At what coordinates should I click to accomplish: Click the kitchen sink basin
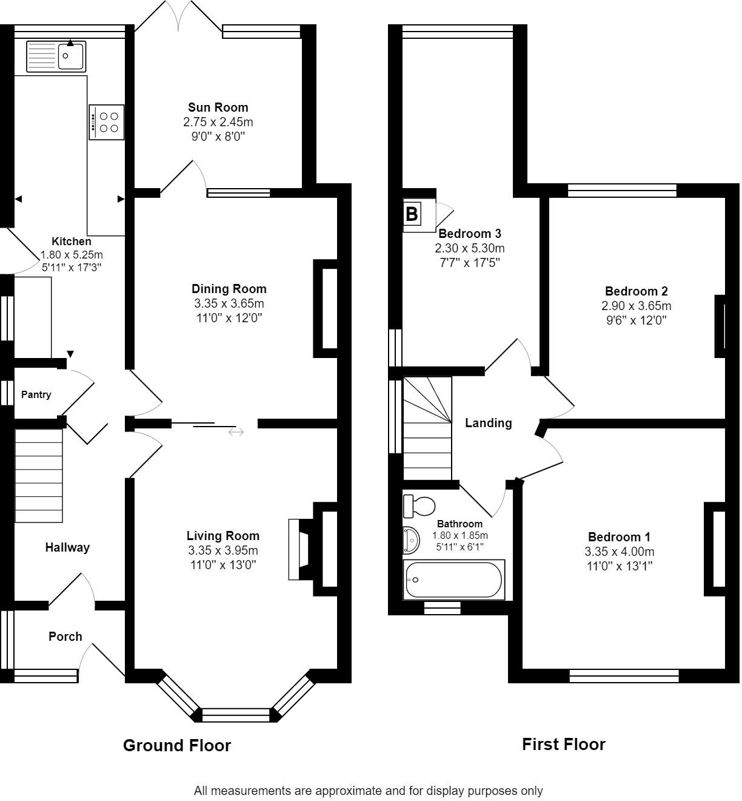(71, 56)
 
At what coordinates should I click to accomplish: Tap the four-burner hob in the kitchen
(107, 122)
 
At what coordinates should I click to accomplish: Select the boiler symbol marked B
(412, 214)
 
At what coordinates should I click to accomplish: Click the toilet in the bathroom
(419, 505)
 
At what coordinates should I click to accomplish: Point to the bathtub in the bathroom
(454, 580)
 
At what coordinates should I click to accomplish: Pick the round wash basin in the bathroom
(411, 540)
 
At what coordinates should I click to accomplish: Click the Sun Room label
(218, 107)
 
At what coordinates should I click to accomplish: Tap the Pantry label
(36, 394)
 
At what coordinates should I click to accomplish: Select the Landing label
(489, 423)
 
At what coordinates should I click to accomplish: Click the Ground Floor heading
(177, 745)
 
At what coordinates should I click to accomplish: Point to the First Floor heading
(563, 744)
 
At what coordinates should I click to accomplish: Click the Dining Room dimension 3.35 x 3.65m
(229, 303)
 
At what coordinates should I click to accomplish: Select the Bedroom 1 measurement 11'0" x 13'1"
(620, 566)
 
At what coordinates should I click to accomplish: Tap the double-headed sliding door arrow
(236, 433)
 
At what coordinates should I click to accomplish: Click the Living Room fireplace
(301, 549)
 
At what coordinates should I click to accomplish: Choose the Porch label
(65, 637)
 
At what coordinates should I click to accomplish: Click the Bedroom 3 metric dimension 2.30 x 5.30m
(470, 248)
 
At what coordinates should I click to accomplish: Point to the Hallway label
(67, 547)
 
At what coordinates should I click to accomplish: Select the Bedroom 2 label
(637, 291)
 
